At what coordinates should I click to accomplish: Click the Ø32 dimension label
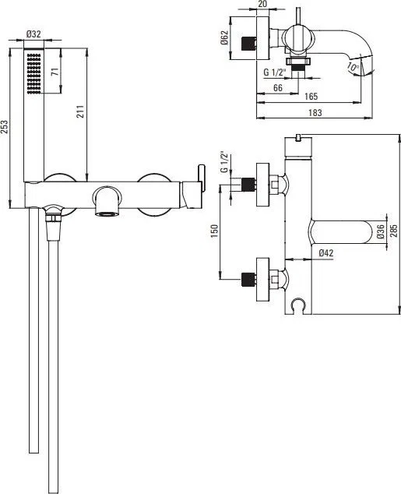coord(34,34)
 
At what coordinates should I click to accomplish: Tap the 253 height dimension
coord(5,127)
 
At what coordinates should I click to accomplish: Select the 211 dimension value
coord(80,111)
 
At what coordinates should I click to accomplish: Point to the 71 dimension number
coord(55,72)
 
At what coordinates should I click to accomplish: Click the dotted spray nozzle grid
coord(34,73)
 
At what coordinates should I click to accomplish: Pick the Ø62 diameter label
coord(224,37)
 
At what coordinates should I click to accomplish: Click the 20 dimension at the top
coord(262,4)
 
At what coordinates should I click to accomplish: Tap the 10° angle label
coord(353,67)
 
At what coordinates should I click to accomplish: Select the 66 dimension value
coord(278,87)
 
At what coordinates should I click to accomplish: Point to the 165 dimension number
coord(311,97)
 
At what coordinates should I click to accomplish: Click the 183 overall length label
coord(315,112)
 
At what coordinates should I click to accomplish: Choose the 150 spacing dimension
coord(215,231)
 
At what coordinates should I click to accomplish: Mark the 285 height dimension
coord(394,231)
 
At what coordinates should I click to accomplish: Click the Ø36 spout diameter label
coord(380,231)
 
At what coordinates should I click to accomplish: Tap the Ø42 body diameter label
coord(325,252)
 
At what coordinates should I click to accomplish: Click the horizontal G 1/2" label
coord(274,72)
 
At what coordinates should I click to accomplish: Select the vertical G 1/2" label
coord(224,162)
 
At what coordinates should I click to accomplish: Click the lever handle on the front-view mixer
coord(202,178)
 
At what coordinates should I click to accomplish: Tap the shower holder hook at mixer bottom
coord(297,305)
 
